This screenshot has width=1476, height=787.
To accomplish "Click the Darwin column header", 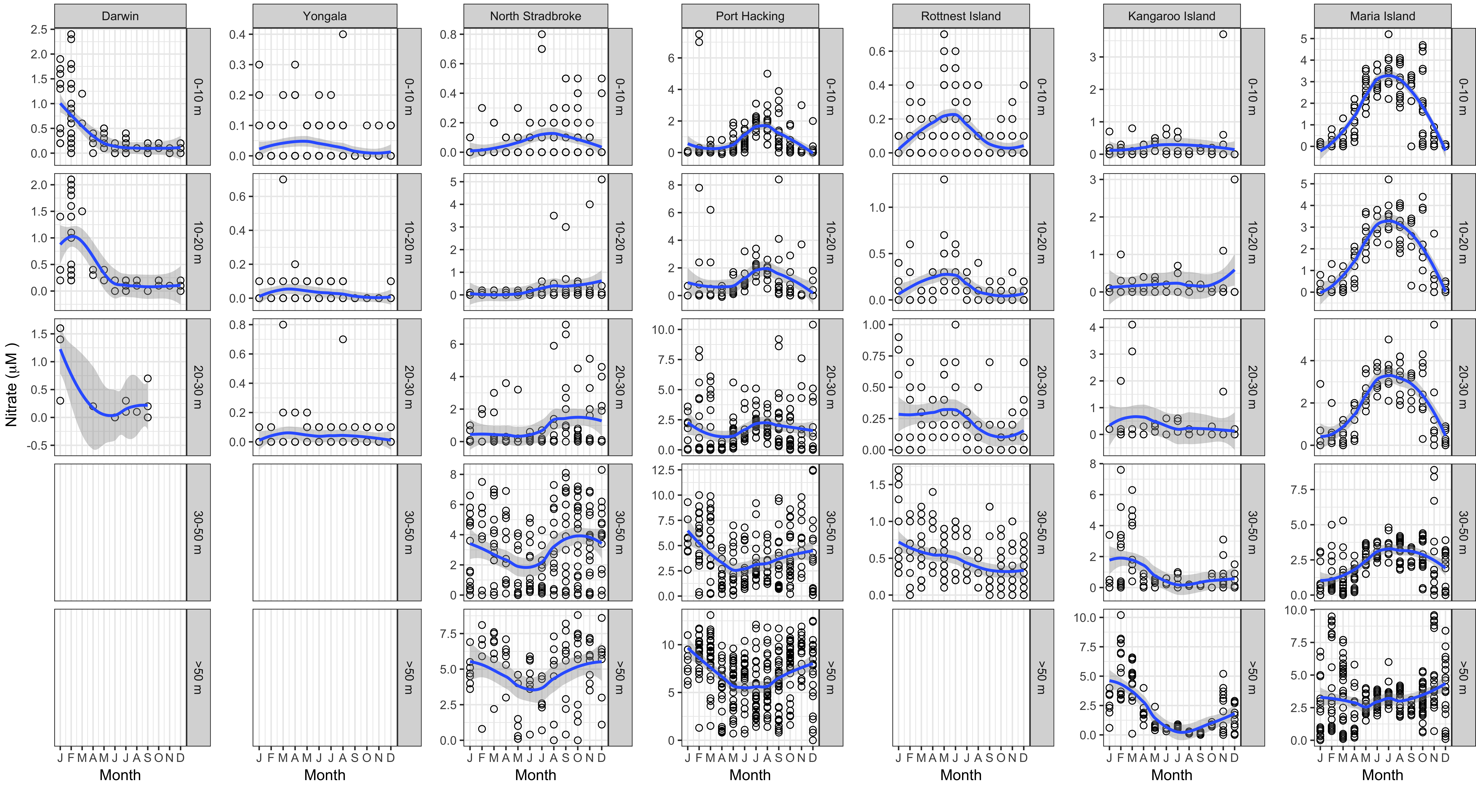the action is (x=120, y=16).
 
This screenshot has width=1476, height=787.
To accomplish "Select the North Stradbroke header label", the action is (x=535, y=16).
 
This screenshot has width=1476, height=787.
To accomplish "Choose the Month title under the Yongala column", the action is (x=324, y=775).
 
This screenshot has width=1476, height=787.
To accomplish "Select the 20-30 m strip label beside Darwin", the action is (x=198, y=387).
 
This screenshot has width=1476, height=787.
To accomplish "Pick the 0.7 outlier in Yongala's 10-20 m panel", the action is (x=283, y=179).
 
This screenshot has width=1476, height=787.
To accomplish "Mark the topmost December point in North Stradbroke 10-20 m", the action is (x=602, y=179).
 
